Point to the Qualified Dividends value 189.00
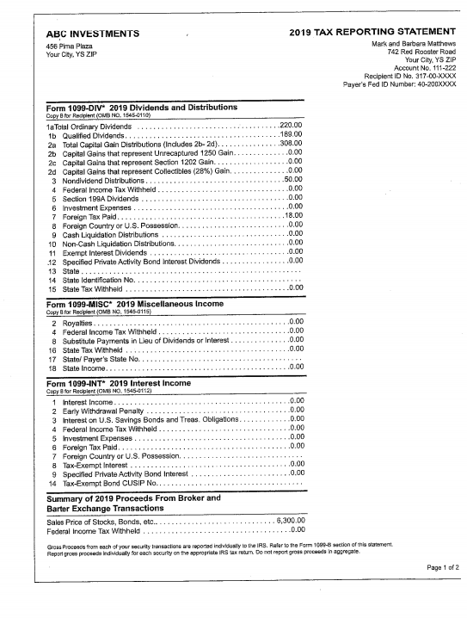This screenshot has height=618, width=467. (290, 136)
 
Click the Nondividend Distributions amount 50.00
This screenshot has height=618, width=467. (292, 179)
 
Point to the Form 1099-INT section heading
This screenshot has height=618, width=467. (131, 383)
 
